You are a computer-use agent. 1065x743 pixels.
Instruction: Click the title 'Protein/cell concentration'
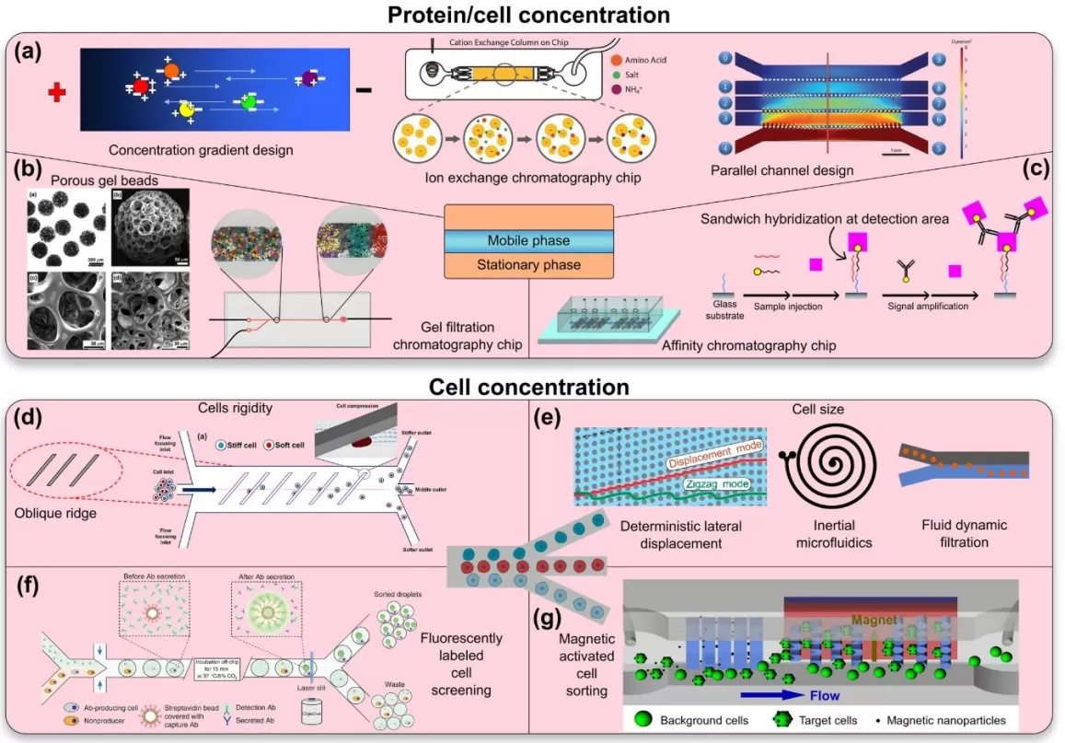click(533, 15)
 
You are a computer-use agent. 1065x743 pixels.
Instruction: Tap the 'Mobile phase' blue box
click(528, 240)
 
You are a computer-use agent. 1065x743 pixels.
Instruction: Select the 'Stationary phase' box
click(528, 265)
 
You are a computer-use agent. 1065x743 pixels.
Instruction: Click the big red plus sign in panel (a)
click(58, 91)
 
